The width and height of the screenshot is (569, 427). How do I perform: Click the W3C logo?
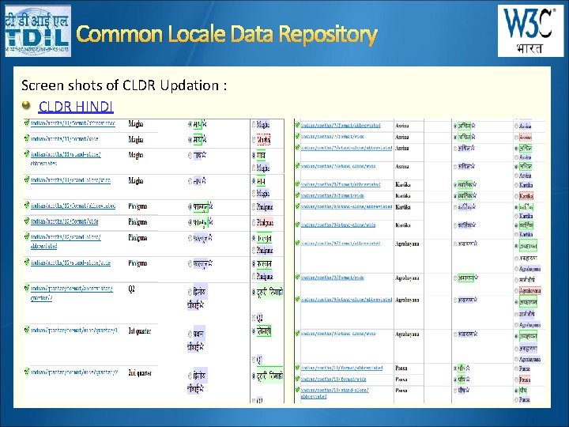coord(529,24)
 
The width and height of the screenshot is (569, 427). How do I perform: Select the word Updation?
coord(187,85)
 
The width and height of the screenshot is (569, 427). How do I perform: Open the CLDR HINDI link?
coord(76,106)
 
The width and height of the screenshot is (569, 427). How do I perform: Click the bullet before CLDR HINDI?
coord(27,105)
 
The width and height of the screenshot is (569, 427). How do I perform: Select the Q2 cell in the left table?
coord(132,289)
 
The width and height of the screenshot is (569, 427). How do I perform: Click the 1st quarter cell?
coord(141,329)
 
